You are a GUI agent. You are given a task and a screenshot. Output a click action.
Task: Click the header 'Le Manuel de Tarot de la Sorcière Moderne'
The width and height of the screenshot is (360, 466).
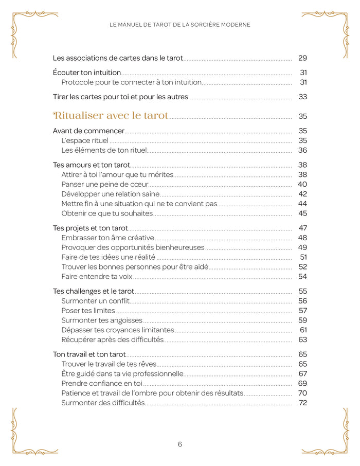180,25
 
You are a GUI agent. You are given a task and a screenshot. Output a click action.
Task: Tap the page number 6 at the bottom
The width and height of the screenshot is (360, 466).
180,444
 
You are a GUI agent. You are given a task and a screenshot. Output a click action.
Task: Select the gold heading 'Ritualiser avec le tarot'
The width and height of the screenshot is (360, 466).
111,116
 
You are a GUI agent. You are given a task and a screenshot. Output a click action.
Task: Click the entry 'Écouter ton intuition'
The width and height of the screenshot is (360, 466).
87,73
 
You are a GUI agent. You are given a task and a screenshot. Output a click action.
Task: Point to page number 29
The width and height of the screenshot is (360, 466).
302,58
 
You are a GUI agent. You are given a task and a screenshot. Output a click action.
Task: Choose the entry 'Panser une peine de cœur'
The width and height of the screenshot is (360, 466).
105,184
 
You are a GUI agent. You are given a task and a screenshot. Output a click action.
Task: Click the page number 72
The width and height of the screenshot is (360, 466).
302,403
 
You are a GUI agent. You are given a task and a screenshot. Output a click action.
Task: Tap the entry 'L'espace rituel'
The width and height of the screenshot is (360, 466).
85,140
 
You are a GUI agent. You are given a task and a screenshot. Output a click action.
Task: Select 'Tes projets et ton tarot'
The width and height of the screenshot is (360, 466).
91,228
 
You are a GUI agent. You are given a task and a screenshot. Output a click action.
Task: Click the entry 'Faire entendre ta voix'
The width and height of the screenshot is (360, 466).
97,277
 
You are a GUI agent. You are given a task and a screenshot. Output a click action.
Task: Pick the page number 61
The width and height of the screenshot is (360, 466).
303,330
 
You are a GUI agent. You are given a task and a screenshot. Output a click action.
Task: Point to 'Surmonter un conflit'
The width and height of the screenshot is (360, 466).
95,301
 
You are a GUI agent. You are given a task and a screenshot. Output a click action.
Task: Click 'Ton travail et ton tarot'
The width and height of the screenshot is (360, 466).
89,354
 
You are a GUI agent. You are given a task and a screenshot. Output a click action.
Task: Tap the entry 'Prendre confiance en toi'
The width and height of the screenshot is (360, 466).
102,383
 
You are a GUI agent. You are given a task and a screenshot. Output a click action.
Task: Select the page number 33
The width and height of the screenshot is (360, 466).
302,97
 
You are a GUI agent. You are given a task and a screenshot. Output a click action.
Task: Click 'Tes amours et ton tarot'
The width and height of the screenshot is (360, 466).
92,165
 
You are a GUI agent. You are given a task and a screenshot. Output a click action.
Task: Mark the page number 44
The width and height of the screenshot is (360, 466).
302,204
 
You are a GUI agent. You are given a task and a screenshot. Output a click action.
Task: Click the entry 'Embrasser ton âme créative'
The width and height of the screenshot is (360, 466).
107,238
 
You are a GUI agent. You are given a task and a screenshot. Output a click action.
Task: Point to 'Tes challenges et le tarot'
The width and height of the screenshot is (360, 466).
94,291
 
